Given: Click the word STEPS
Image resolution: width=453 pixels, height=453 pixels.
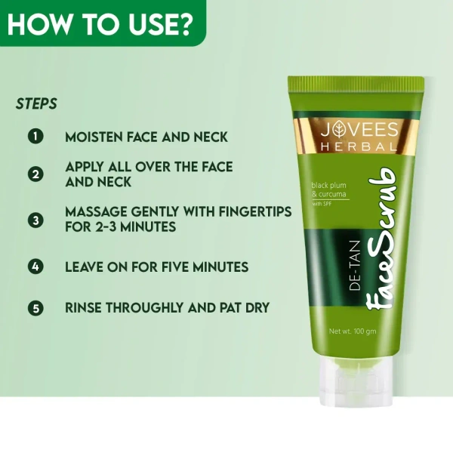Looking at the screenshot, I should tap(36, 104).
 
